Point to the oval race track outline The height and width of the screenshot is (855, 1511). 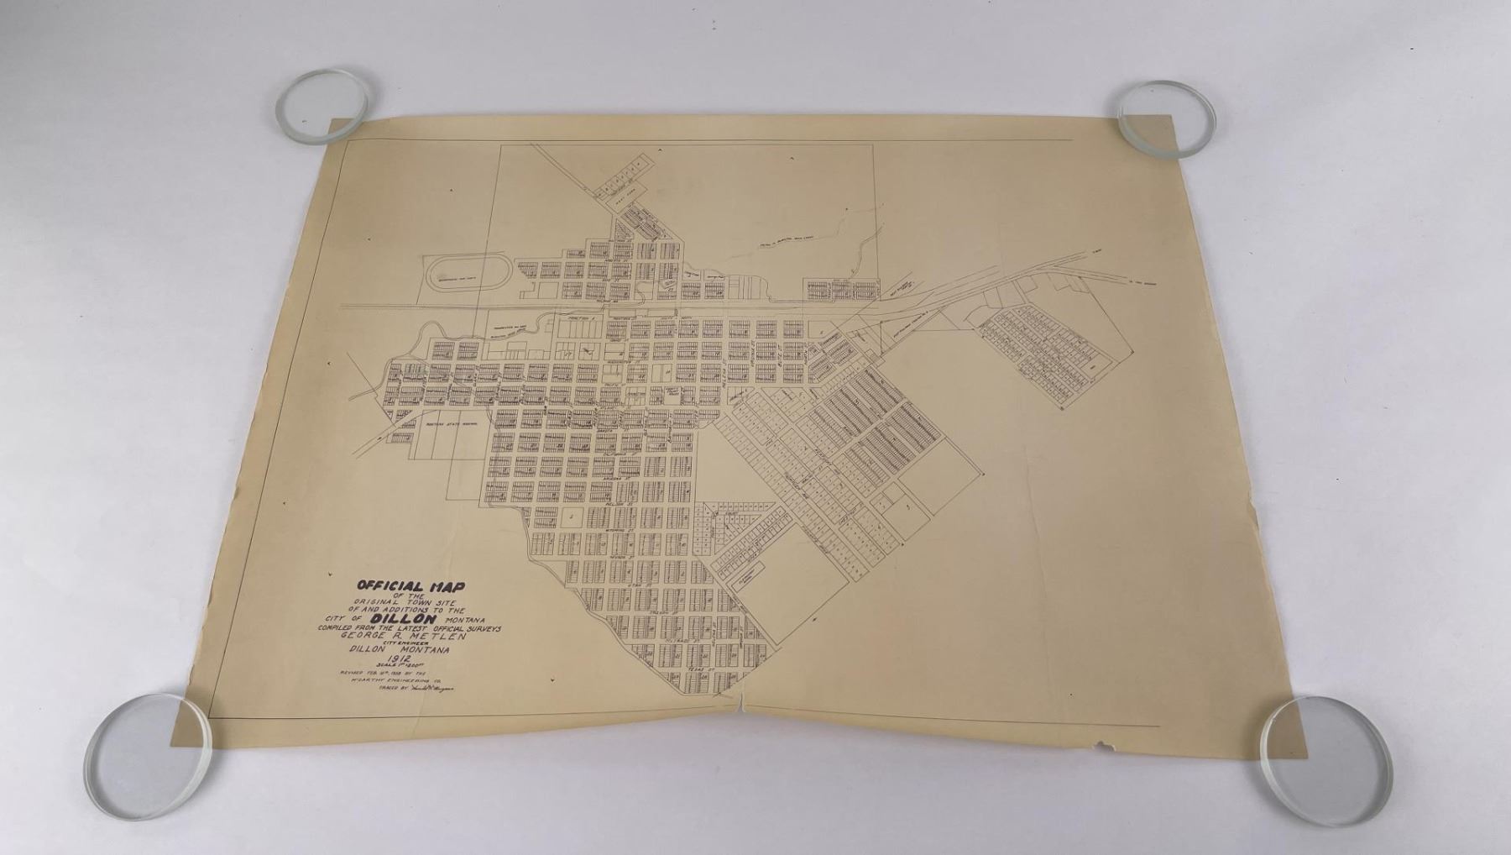[x=463, y=275]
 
